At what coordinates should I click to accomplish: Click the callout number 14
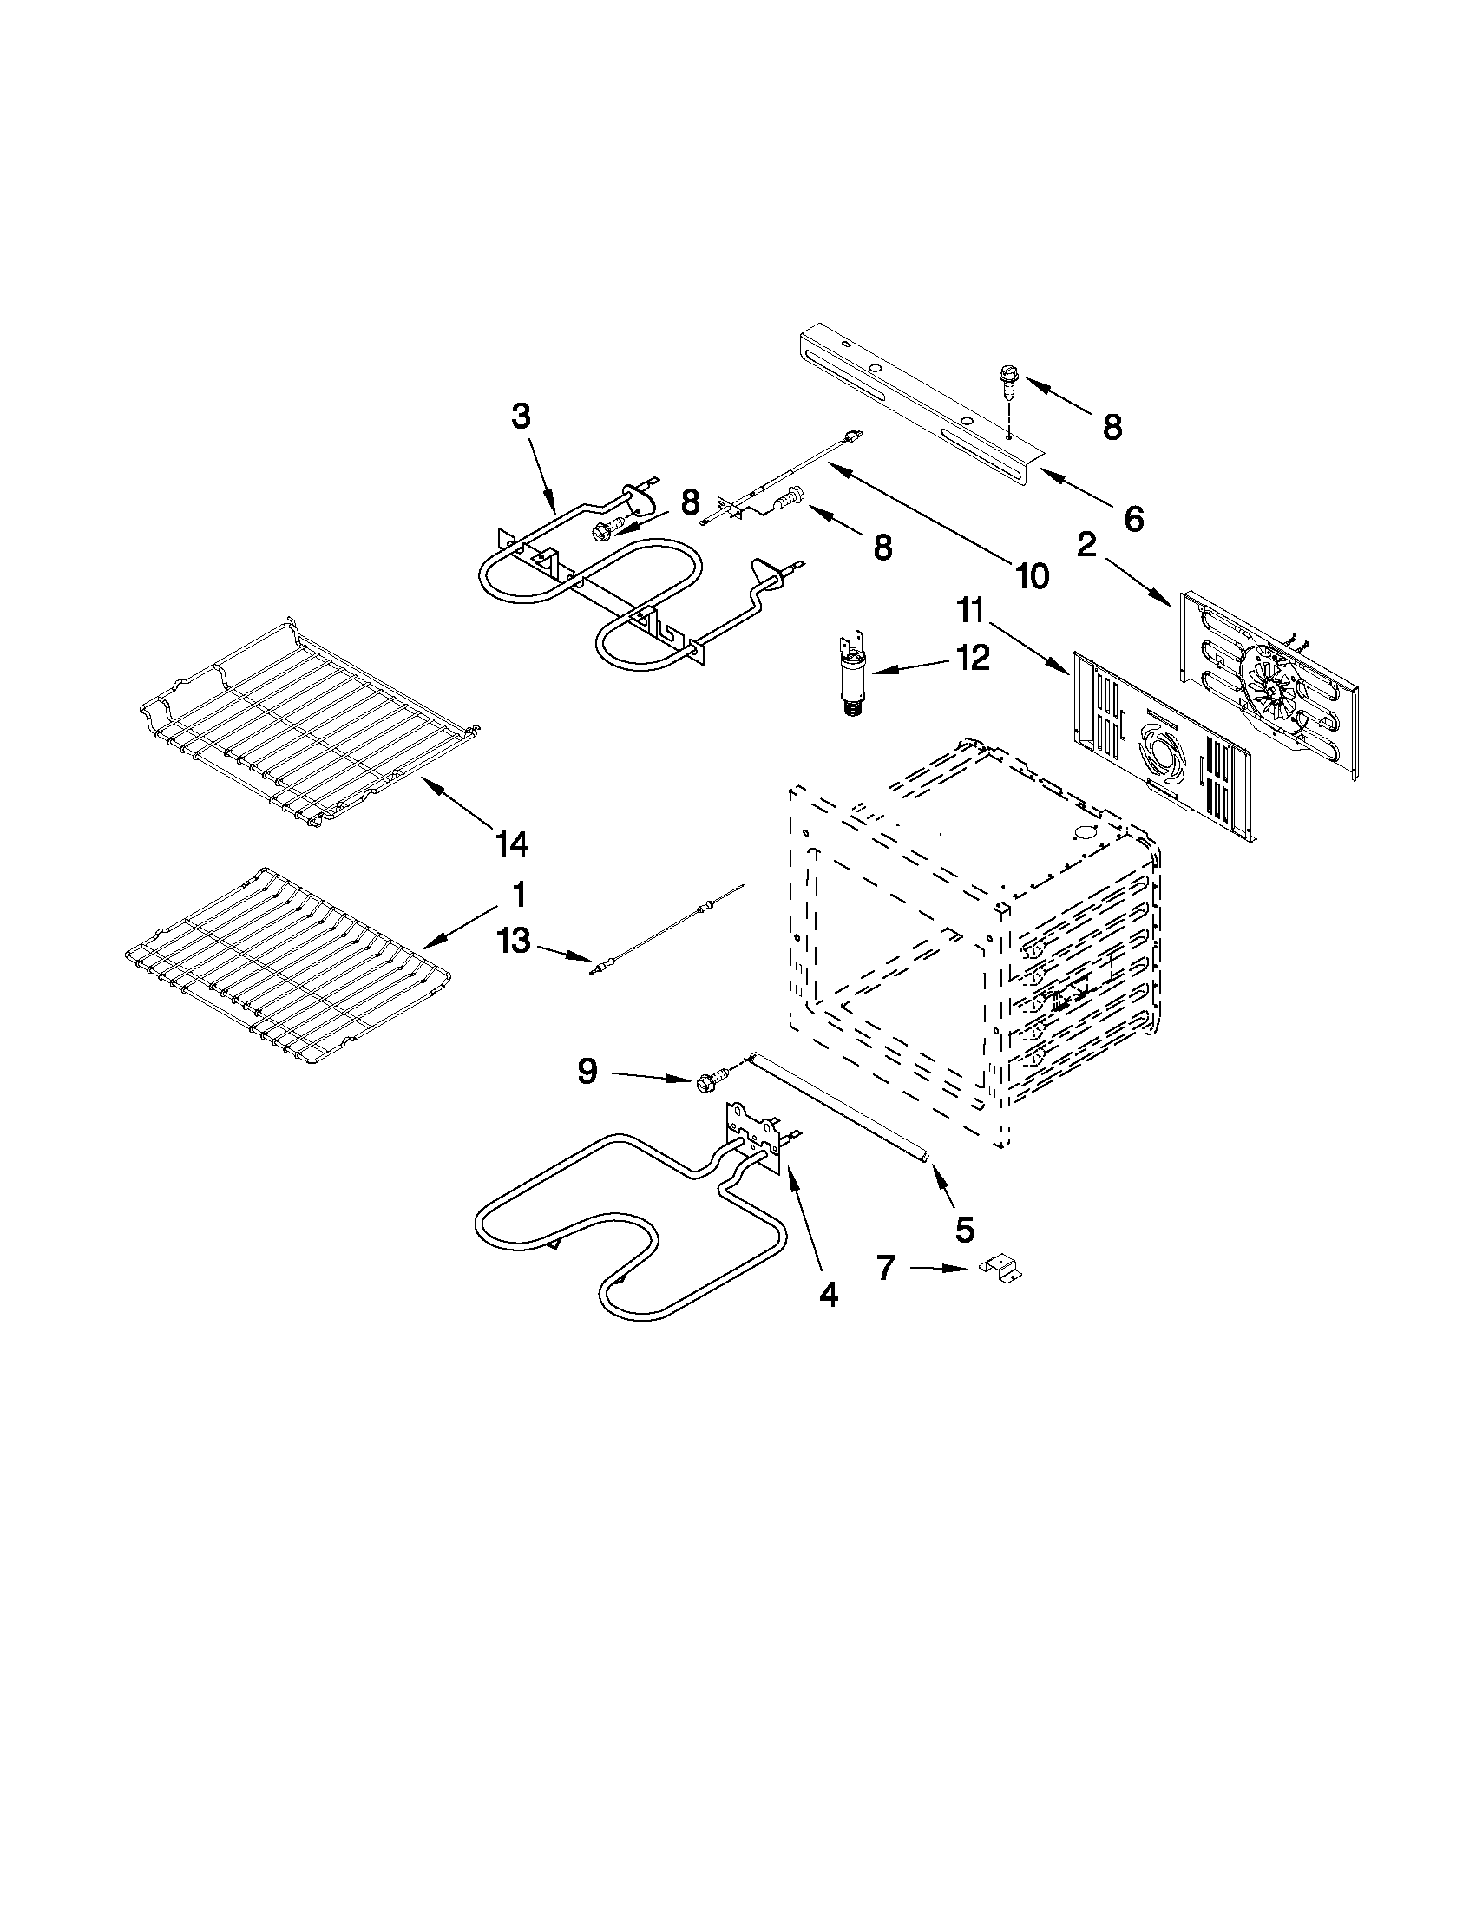click(512, 844)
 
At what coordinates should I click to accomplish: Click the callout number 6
click(1133, 519)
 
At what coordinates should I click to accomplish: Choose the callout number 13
click(515, 941)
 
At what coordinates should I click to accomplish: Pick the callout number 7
click(887, 1267)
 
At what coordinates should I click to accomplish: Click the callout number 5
click(963, 1230)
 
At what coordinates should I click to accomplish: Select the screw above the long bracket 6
click(1007, 382)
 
